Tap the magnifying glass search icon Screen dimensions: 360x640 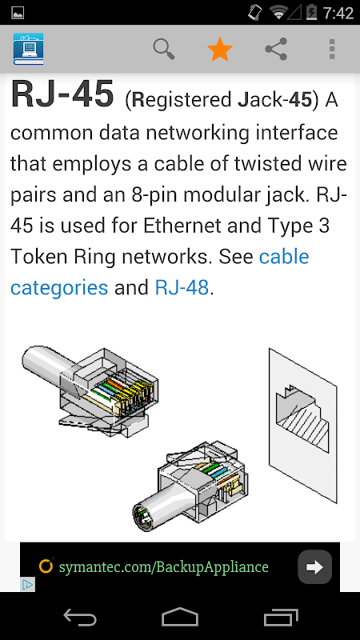coord(164,49)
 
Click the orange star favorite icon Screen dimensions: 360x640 coord(220,49)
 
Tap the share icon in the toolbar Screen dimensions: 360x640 coord(276,49)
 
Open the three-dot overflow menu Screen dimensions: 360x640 coord(332,49)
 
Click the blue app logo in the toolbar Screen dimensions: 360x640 coord(28,49)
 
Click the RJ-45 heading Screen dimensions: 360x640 coord(62,94)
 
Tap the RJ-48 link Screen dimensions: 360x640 coord(182,287)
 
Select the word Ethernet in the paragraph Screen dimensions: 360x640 coord(182,226)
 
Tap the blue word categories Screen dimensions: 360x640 coord(59,288)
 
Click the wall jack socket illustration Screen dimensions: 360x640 coord(303,426)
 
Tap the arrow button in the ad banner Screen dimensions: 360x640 coord(314,566)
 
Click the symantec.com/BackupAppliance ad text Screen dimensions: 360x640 coord(164,567)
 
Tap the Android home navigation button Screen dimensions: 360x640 coord(180,617)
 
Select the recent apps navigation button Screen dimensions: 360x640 coord(281,617)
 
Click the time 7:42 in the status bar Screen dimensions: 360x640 coord(338,13)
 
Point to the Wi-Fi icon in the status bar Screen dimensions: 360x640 coord(278,12)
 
